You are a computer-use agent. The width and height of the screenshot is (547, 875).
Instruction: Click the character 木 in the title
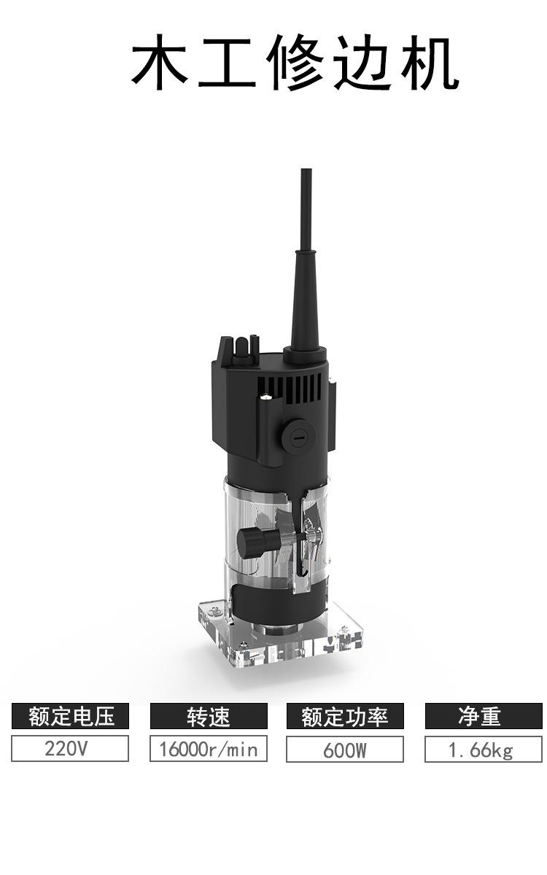(x=159, y=62)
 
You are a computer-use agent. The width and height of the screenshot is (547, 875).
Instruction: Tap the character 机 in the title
(x=430, y=62)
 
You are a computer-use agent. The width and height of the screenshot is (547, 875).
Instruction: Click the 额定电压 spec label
(x=70, y=716)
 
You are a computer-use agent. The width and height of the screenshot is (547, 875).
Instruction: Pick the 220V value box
(x=70, y=748)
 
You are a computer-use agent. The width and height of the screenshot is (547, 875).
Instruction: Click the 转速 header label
(x=209, y=716)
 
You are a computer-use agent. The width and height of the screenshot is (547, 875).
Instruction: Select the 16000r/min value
(x=209, y=748)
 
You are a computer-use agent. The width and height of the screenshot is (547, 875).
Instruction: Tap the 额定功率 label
(x=345, y=716)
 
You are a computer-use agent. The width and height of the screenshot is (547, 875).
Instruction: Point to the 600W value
(x=345, y=750)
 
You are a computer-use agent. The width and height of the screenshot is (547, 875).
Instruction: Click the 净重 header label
(x=484, y=716)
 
